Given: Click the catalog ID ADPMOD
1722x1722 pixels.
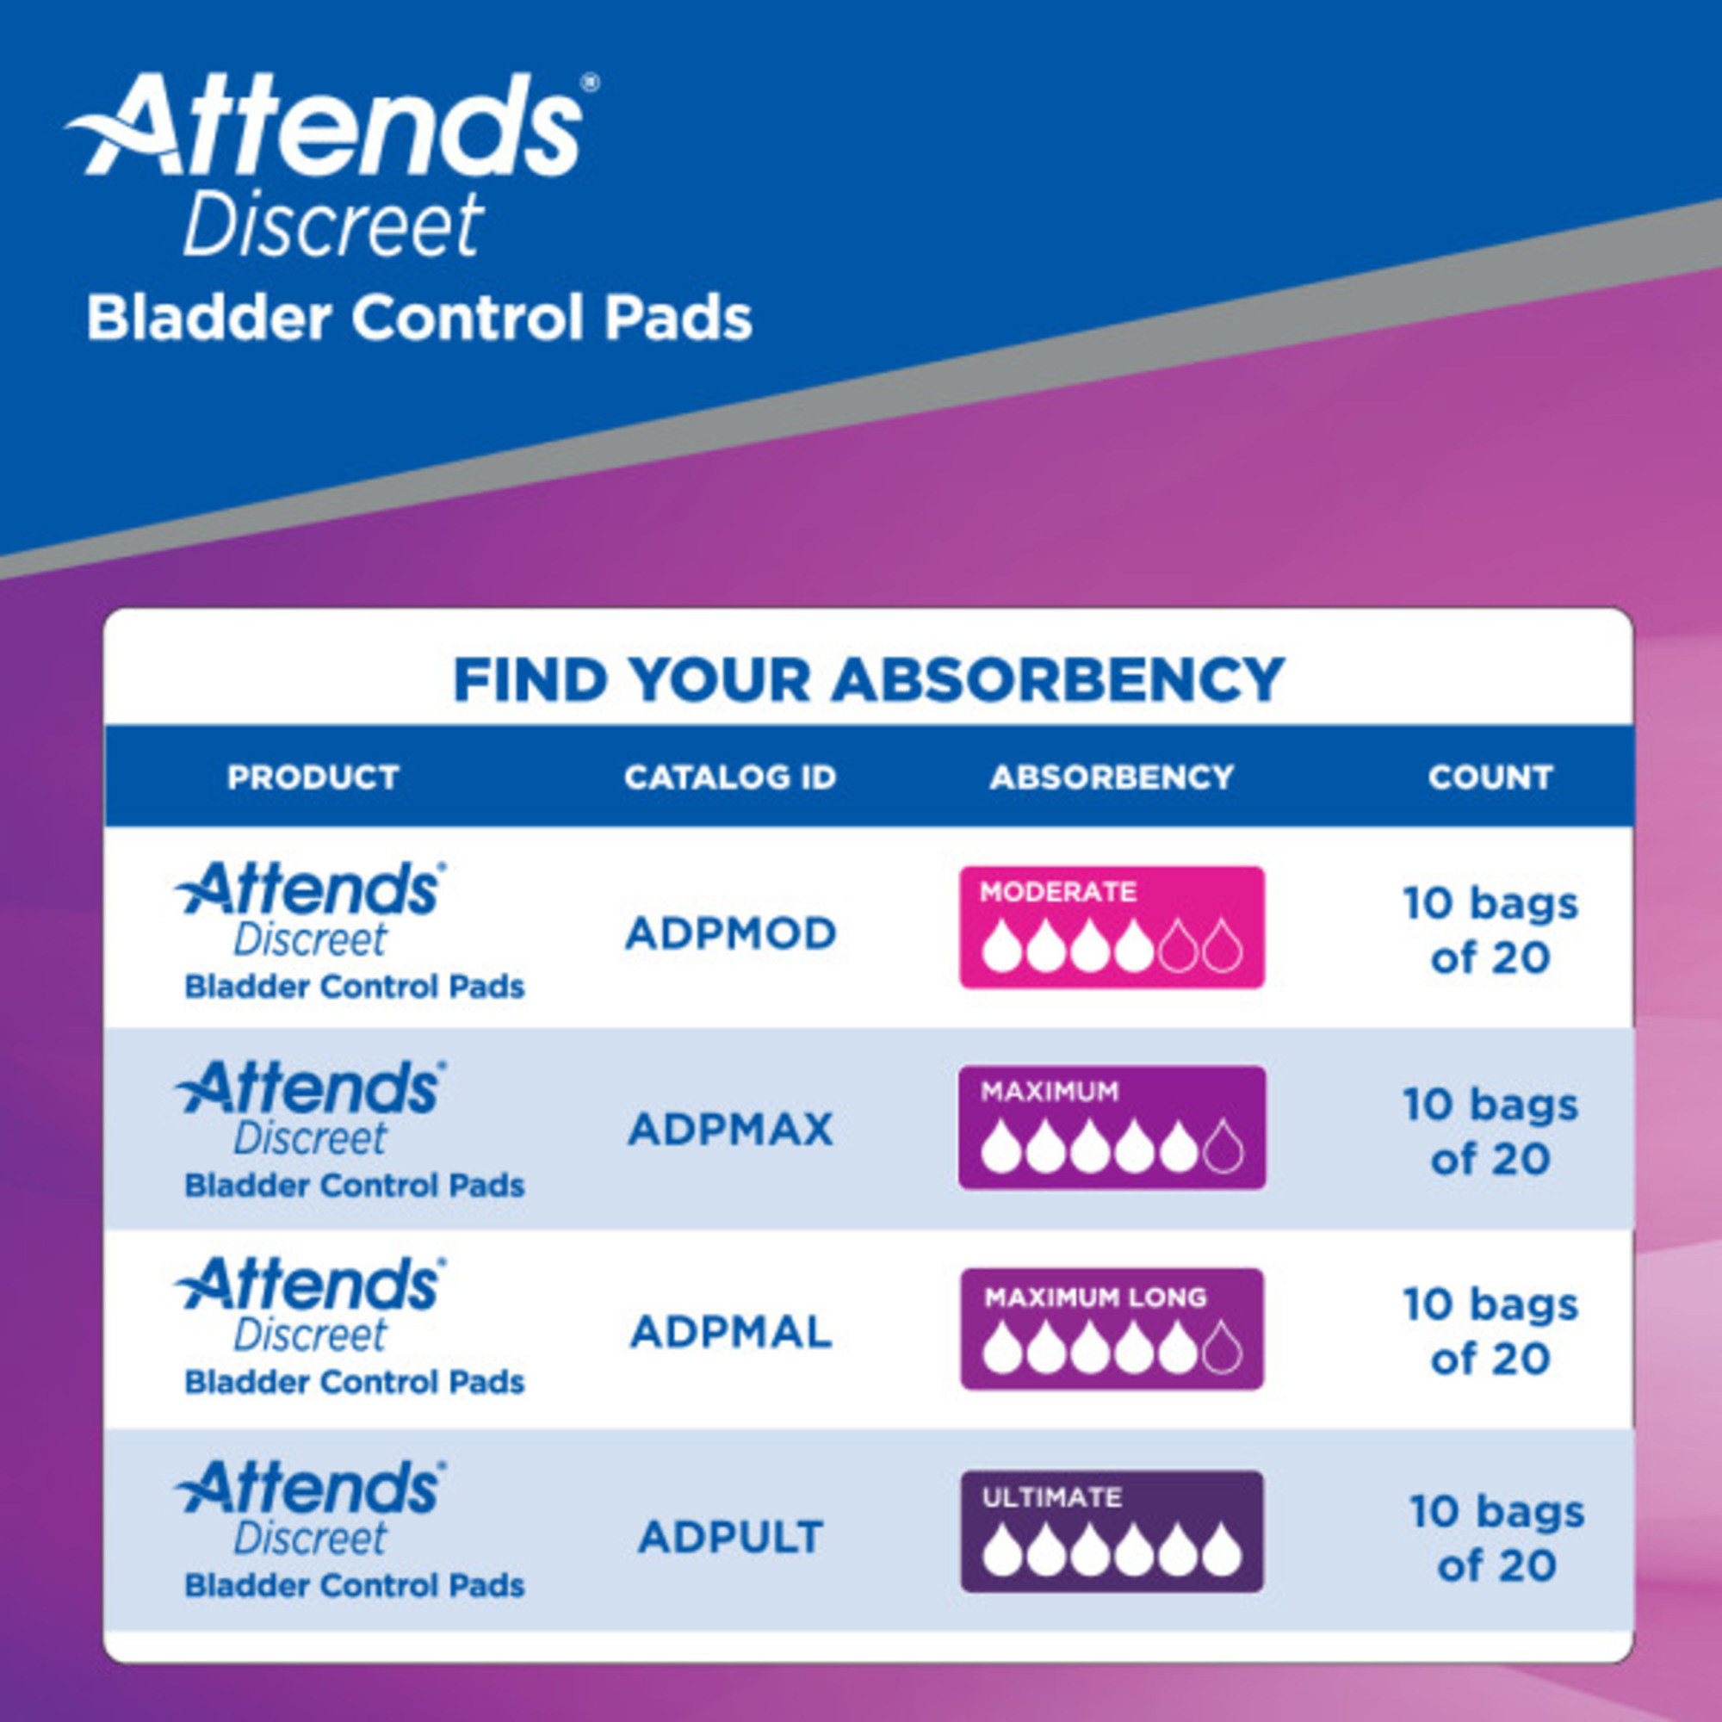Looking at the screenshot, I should (x=730, y=933).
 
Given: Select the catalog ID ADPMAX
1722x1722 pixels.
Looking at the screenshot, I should (x=730, y=1130).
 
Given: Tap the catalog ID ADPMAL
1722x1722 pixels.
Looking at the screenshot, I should (x=730, y=1332).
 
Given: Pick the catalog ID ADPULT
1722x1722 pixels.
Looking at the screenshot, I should (x=730, y=1537).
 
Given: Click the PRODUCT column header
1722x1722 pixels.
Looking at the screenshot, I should (x=313, y=777).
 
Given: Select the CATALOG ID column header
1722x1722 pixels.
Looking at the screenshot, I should (x=730, y=777).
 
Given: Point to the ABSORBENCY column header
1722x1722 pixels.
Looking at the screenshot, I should (x=1112, y=777).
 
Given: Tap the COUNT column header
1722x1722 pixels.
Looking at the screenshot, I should (x=1490, y=777).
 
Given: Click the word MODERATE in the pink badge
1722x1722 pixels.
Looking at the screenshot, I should (x=1057, y=892).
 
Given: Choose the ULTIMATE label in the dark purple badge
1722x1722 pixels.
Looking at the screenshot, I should (x=1052, y=1497).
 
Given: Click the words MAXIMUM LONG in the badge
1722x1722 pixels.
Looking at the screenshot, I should (x=1095, y=1297).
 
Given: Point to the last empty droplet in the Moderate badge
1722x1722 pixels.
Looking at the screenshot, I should (x=1222, y=946).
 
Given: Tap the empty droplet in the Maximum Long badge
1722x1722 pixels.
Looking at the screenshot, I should (x=1222, y=1347).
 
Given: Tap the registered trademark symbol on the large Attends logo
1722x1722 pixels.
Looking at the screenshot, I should (x=590, y=83).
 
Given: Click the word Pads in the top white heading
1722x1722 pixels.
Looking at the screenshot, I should (x=679, y=319).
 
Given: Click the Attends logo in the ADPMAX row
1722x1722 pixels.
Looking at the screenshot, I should (x=309, y=1088).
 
